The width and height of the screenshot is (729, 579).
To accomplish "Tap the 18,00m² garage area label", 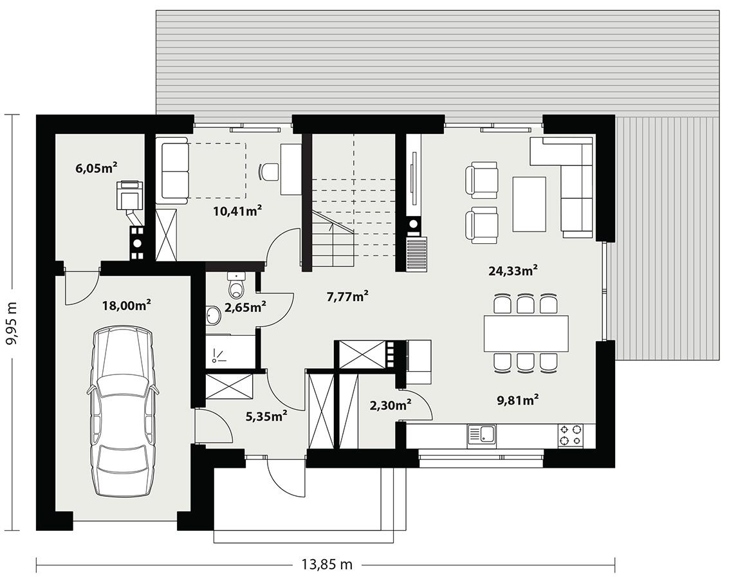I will click(x=126, y=306).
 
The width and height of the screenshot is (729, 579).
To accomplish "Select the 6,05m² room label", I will click(x=96, y=169).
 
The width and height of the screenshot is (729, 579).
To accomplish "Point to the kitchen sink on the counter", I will click(x=481, y=435).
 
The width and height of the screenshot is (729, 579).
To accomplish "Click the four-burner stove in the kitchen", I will click(x=570, y=436).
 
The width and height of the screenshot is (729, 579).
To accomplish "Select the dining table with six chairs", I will click(x=526, y=333).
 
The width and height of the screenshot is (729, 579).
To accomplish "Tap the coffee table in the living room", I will click(x=529, y=204).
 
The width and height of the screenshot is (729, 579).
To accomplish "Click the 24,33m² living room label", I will click(x=513, y=271).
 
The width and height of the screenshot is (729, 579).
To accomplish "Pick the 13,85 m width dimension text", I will click(x=327, y=564).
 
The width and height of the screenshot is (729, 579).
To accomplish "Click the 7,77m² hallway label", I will click(x=347, y=296).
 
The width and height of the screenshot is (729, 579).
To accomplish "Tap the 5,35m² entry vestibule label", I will click(x=266, y=416).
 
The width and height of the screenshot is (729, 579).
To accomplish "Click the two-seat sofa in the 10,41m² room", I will click(x=174, y=173).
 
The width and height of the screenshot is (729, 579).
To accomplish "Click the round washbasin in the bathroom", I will click(x=213, y=315).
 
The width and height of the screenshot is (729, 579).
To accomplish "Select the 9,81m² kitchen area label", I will click(x=517, y=400).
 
